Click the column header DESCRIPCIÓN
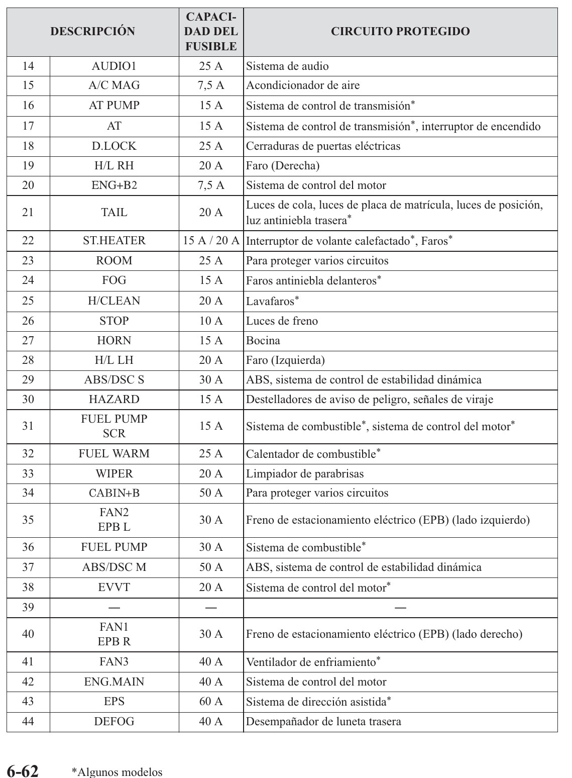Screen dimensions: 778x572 pyautogui.click(x=93, y=32)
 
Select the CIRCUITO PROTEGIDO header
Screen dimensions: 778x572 pyautogui.click(x=400, y=32)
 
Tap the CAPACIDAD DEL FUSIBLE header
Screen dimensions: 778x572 pyautogui.click(x=211, y=32)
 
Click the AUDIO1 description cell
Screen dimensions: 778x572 pyautogui.click(x=114, y=66)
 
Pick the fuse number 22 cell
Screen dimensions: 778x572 pyautogui.click(x=28, y=241)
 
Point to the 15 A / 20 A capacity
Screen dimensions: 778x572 pyautogui.click(x=211, y=241)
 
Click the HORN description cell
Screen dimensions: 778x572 pyautogui.click(x=114, y=340)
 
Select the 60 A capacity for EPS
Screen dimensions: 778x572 pyautogui.click(x=211, y=701)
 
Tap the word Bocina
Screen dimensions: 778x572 pyautogui.click(x=263, y=340)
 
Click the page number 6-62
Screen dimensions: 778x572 pyautogui.click(x=23, y=771)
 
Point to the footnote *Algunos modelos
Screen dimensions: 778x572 pyautogui.click(x=117, y=772)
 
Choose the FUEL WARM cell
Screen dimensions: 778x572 pyautogui.click(x=114, y=453)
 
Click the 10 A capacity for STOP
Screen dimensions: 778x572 pyautogui.click(x=211, y=321)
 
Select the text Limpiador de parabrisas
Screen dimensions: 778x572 pyautogui.click(x=305, y=473)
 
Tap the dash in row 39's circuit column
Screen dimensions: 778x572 pyautogui.click(x=400, y=608)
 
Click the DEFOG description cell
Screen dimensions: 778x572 pyautogui.click(x=114, y=721)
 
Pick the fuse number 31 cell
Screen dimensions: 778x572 pyautogui.click(x=28, y=426)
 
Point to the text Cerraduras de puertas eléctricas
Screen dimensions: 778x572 pyautogui.click(x=323, y=146)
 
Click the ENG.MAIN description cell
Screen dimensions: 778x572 pyautogui.click(x=114, y=682)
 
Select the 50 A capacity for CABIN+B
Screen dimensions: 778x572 pyautogui.click(x=211, y=493)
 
